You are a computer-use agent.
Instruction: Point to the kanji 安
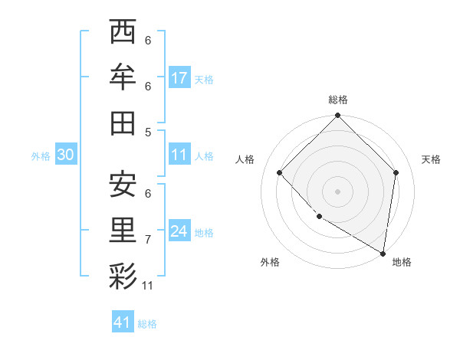point(123,184)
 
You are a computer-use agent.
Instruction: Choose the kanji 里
point(123,230)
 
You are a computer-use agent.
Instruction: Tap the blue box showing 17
point(179,78)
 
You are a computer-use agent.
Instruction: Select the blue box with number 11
point(179,155)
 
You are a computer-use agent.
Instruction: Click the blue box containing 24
point(179,231)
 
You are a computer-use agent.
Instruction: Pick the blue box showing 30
point(65,155)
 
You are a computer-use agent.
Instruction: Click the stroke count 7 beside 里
point(148,240)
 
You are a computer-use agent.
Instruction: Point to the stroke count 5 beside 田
point(148,132)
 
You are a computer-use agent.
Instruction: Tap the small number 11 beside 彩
point(148,286)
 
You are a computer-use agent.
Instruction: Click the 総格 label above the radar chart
point(338,100)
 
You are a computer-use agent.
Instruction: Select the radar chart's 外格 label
point(270,262)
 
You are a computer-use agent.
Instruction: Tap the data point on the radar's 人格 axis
point(280,172)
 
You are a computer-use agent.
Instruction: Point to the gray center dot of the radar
point(338,191)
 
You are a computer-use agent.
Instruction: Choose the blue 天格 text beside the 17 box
point(204,79)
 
